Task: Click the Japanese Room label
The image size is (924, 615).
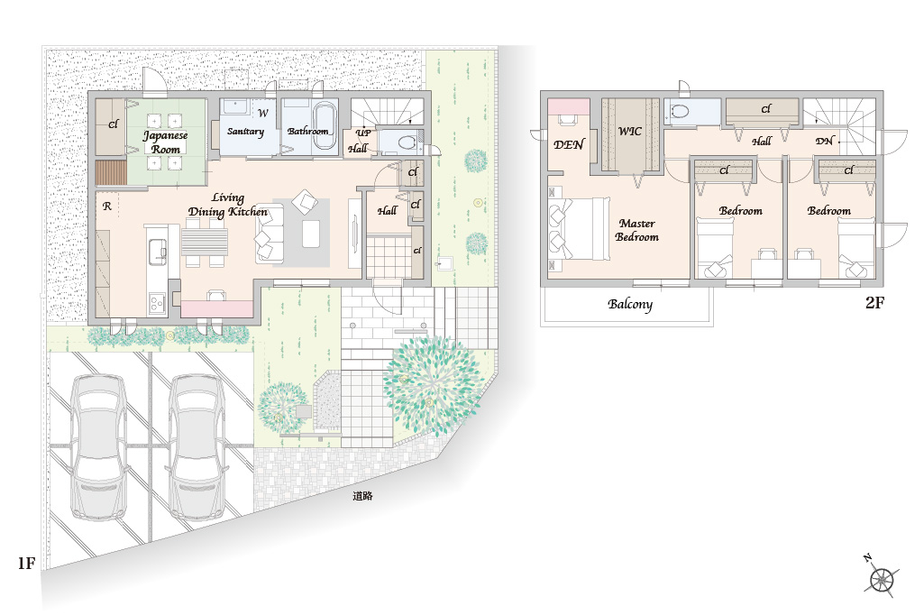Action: coord(166,142)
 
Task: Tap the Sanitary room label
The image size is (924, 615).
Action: coord(245,131)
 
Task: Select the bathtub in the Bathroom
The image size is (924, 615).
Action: coord(325,120)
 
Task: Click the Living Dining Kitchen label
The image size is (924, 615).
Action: coord(228,205)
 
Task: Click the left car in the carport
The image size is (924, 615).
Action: coord(98,446)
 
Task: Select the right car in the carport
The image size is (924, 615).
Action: coord(198,446)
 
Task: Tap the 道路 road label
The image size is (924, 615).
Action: coord(362,496)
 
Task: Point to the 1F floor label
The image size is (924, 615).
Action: coord(26,563)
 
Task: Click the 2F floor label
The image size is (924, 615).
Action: coord(875,302)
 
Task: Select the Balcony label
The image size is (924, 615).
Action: coord(630,304)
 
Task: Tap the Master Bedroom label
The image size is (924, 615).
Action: coord(637,230)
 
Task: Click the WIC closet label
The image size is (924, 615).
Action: coord(629,131)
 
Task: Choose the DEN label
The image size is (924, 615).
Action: coord(569,144)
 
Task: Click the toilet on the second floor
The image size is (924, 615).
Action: coord(679,111)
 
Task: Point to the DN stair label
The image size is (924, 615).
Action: coord(825,141)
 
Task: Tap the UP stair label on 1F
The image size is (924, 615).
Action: coord(363,132)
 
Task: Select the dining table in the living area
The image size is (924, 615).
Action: coord(205,242)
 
